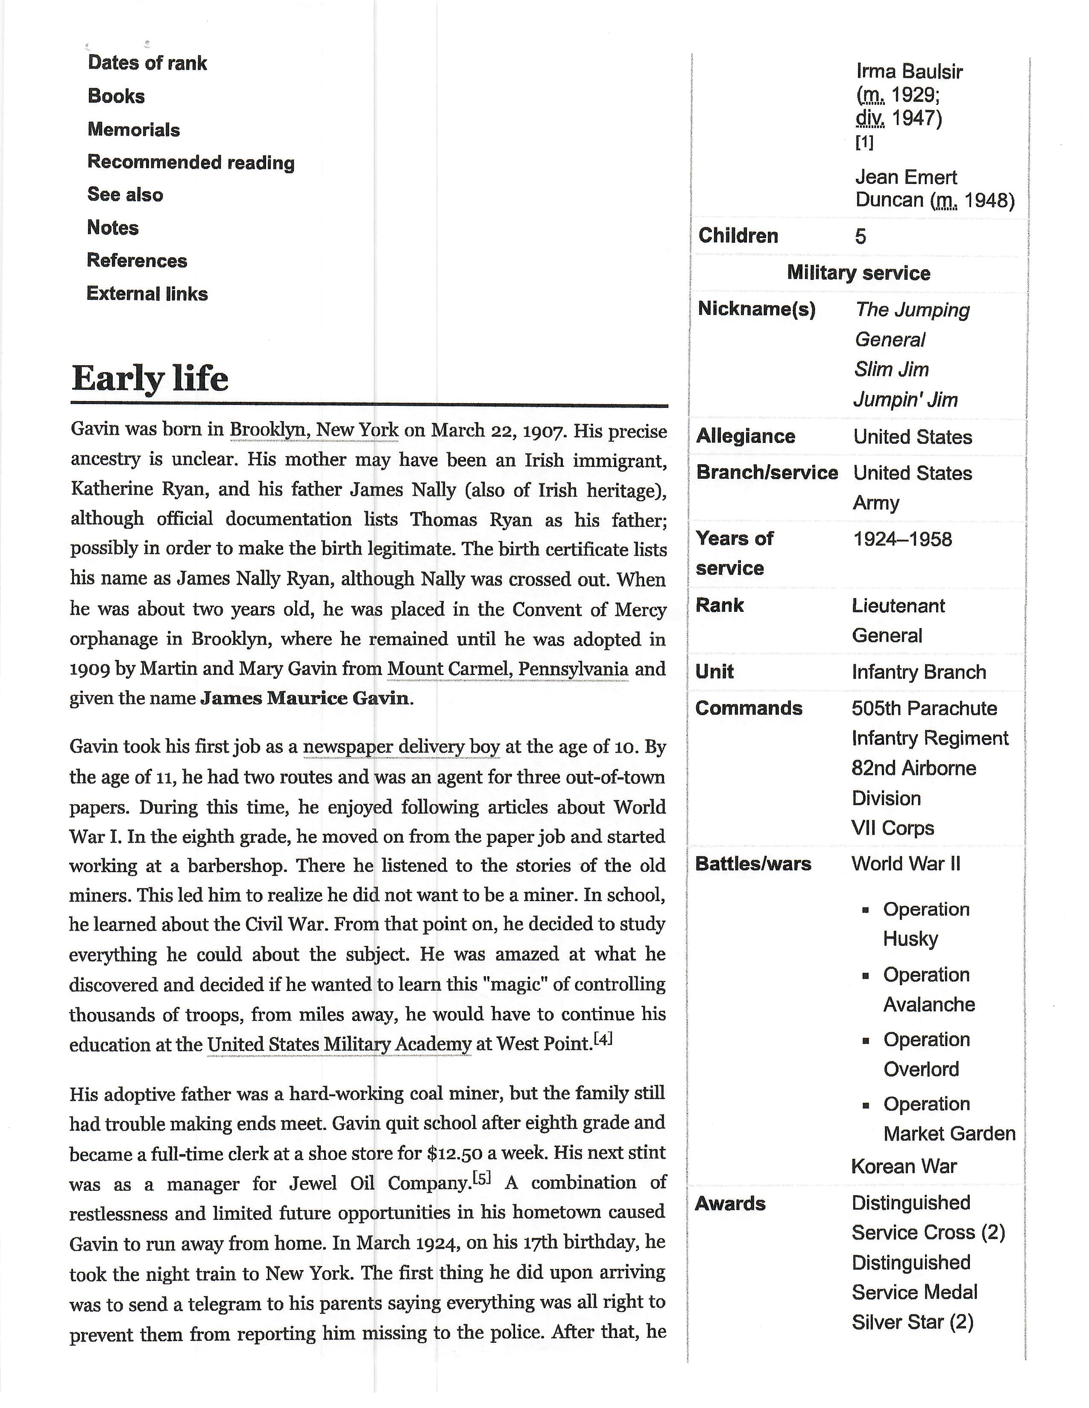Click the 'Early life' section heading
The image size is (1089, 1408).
[149, 378]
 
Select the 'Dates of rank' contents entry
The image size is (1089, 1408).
[147, 63]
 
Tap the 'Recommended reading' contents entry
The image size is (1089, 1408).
[191, 163]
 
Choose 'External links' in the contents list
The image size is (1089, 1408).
[147, 294]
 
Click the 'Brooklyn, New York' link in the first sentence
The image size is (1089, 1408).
[314, 430]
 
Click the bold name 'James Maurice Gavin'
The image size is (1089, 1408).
[304, 698]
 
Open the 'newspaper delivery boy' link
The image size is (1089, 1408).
[401, 747]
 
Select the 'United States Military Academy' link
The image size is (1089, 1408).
[340, 1044]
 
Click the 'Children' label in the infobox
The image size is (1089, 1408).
[738, 236]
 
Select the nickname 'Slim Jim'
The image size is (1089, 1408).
[892, 369]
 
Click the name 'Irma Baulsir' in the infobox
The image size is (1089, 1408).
[909, 72]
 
